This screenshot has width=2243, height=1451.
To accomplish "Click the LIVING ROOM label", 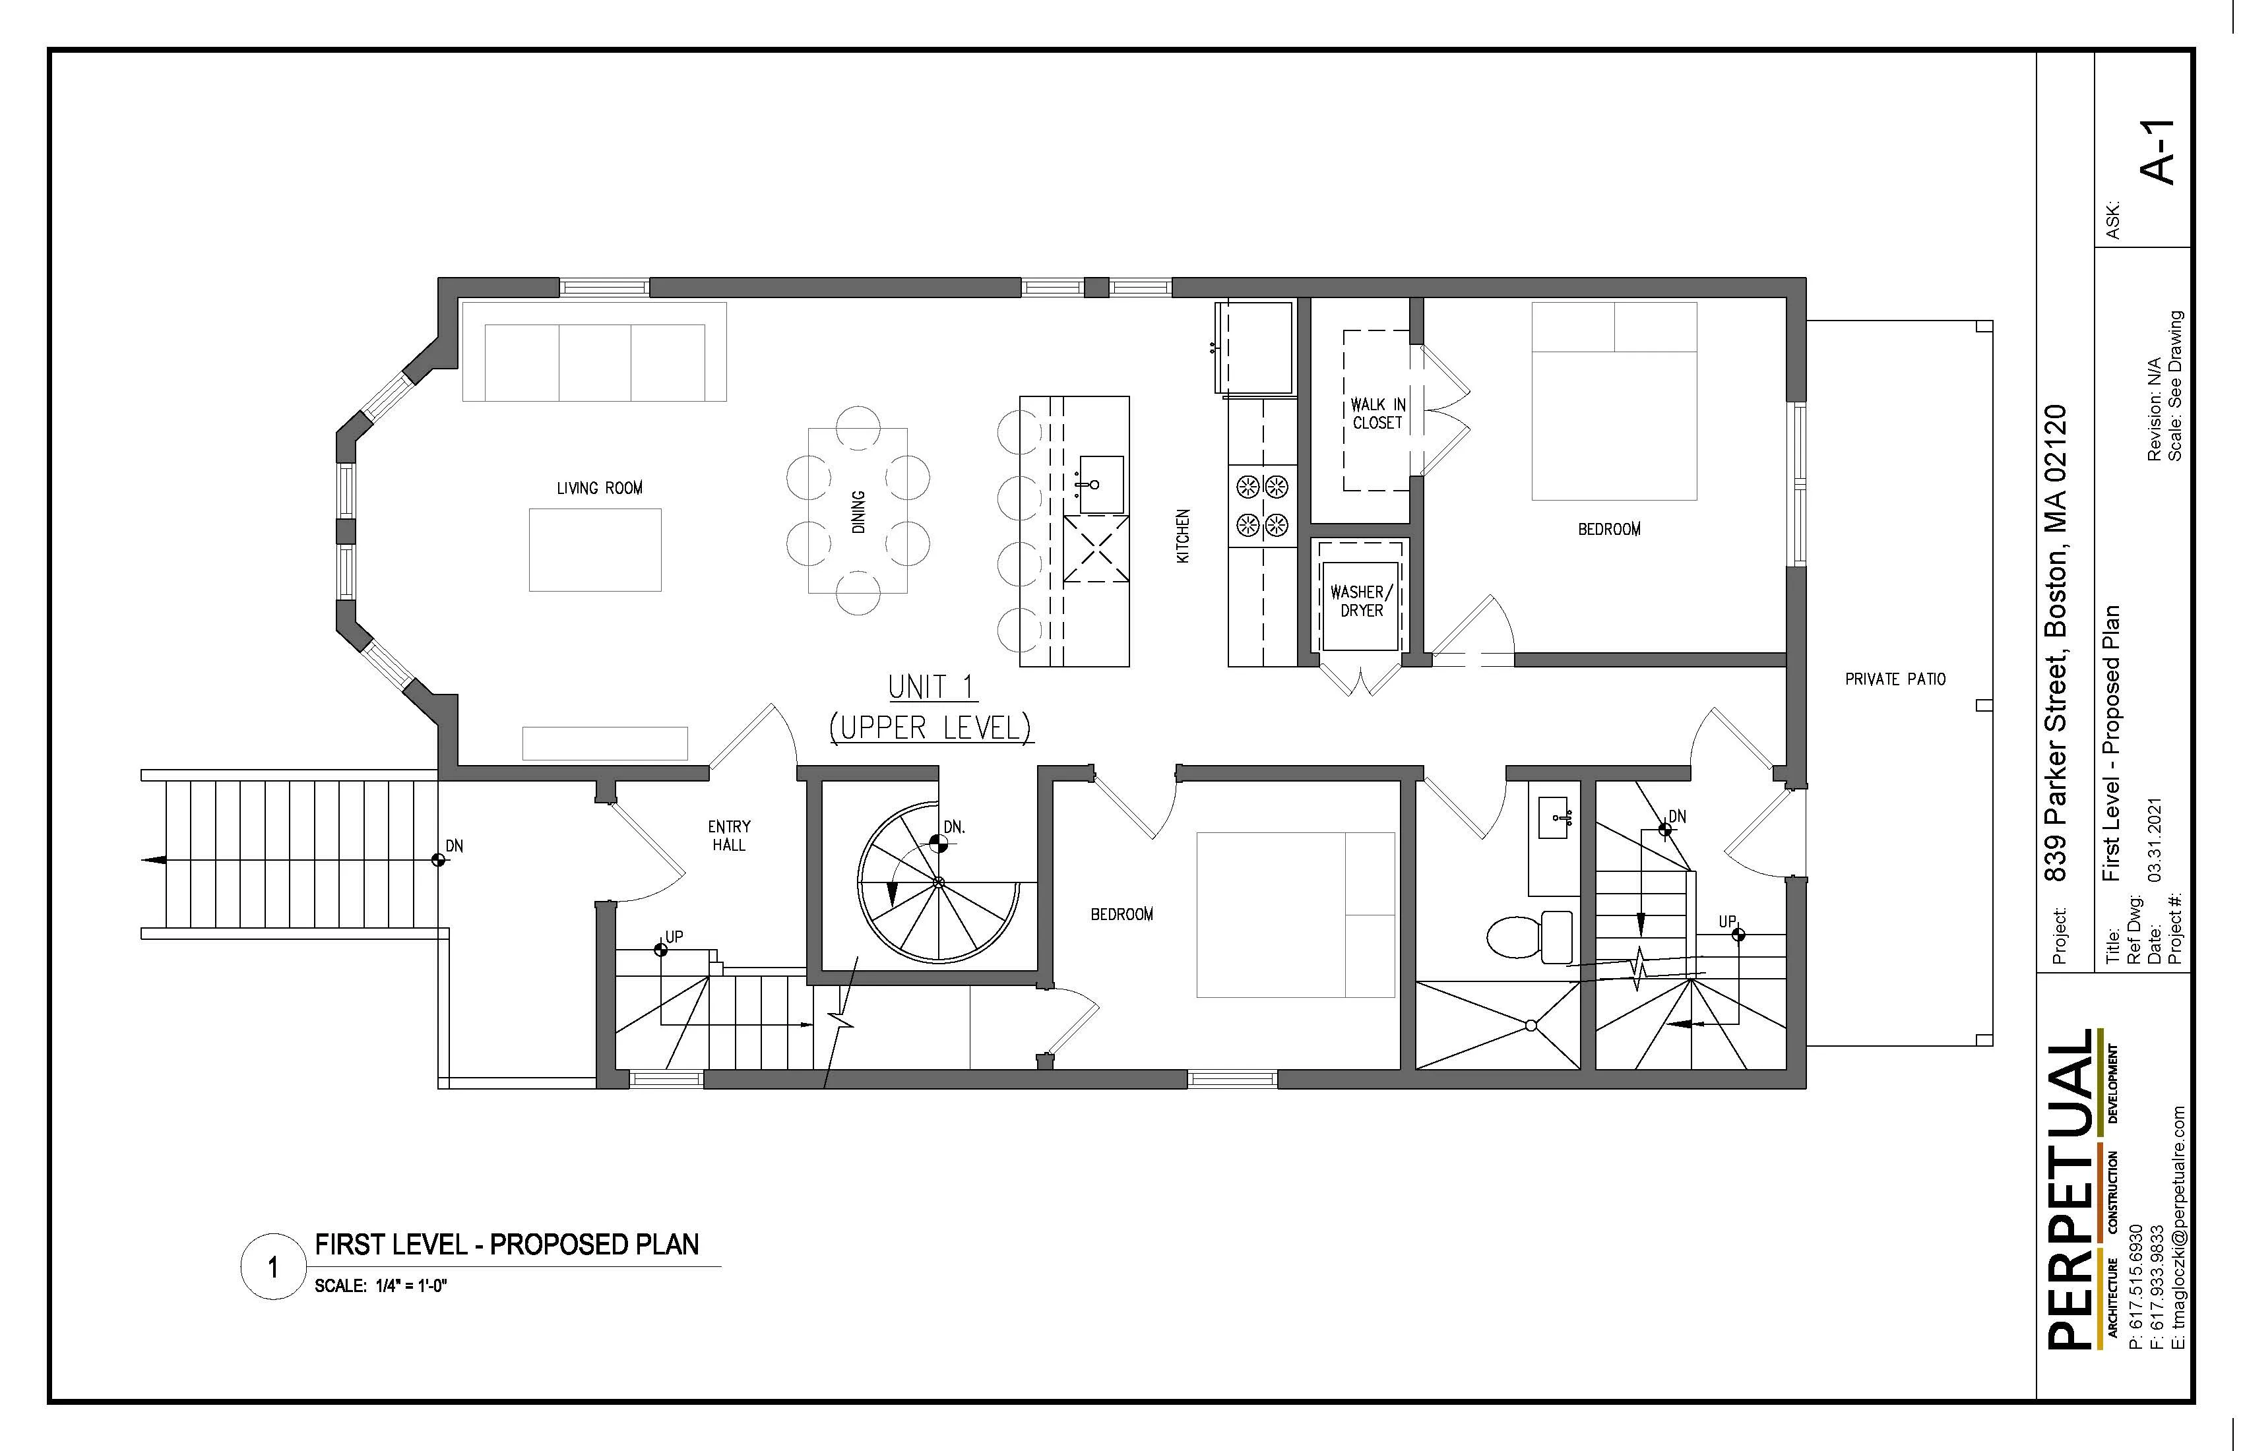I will click(x=600, y=488).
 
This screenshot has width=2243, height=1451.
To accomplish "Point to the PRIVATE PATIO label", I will click(x=1894, y=679).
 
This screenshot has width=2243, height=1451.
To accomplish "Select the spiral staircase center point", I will click(x=939, y=883).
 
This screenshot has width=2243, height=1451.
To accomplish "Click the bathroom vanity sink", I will click(x=1553, y=817).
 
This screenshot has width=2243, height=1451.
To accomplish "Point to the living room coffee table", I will click(x=594, y=550).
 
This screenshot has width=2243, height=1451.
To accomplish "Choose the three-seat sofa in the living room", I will click(x=594, y=362).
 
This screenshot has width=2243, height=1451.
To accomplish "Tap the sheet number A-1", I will click(x=2157, y=152).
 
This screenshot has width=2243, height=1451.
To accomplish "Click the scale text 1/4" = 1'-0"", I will click(x=380, y=1286).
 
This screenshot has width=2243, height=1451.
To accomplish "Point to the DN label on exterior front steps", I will click(x=455, y=846).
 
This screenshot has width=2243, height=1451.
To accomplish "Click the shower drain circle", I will click(x=1531, y=1025).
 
